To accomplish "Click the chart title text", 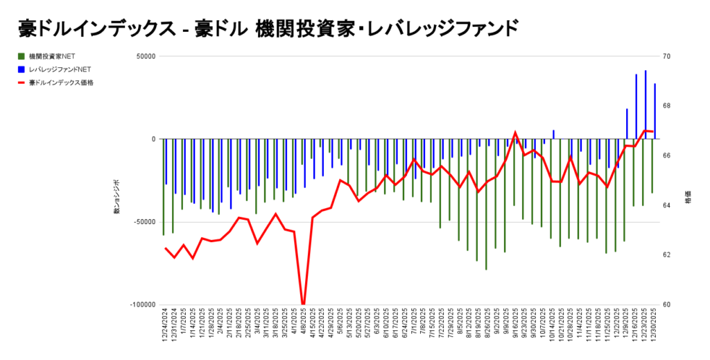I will tap(268, 28).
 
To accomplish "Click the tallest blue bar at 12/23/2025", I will tap(646, 104).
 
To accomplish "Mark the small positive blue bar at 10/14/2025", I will tap(553, 134).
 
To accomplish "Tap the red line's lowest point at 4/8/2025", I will tap(303, 304).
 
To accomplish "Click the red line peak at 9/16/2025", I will tap(514, 132).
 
